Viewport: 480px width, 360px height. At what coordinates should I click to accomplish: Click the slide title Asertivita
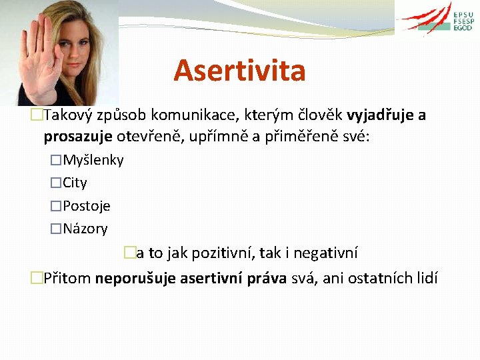tap(239, 71)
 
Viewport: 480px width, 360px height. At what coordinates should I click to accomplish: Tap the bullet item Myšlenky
tap(93, 160)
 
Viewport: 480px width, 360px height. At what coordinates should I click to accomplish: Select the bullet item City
tap(75, 183)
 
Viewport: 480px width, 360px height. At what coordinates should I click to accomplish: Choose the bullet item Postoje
tap(87, 206)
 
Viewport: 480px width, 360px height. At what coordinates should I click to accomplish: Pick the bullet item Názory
tap(85, 229)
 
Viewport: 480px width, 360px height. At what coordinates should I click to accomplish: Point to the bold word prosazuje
tap(78, 137)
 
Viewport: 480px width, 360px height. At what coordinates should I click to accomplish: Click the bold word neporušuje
tap(136, 277)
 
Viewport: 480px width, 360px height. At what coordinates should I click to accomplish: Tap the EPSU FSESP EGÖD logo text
tap(463, 21)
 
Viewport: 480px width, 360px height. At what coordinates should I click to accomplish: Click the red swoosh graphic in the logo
tap(427, 19)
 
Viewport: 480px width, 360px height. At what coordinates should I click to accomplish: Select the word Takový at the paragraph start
tap(68, 115)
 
